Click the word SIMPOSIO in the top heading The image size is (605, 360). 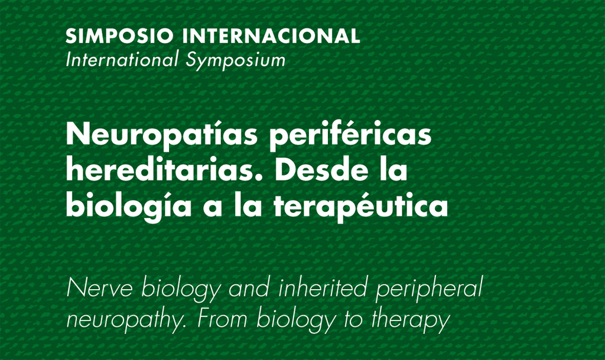(119, 36)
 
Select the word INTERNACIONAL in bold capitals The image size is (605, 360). (271, 36)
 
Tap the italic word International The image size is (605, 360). (122, 60)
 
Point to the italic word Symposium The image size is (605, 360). (236, 61)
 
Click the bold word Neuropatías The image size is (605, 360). (162, 135)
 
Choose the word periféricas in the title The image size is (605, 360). (350, 135)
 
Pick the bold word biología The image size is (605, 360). (129, 206)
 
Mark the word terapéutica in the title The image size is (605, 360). (361, 206)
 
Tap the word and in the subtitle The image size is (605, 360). (249, 288)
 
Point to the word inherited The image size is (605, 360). (322, 287)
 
